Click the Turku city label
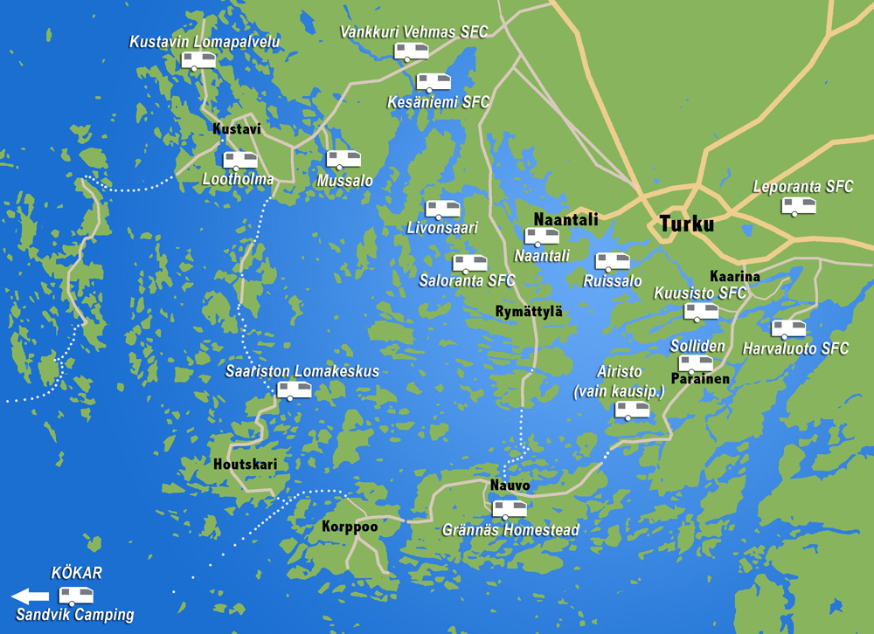click(x=686, y=223)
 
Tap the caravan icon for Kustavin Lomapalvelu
click(x=198, y=60)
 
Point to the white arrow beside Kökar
click(x=30, y=596)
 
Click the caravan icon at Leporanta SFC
click(x=799, y=206)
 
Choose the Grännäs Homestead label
click(x=510, y=530)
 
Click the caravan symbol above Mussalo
click(x=343, y=160)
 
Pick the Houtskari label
click(x=245, y=465)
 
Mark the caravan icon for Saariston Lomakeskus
click(x=294, y=390)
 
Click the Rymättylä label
click(x=528, y=312)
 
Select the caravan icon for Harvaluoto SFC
click(x=788, y=329)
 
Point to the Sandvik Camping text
click(x=75, y=615)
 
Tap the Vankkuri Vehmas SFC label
click(x=413, y=32)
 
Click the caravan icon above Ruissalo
click(x=612, y=261)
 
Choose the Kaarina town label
click(x=734, y=277)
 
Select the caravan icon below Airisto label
click(x=632, y=410)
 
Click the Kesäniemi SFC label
click(x=438, y=102)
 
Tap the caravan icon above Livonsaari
click(x=442, y=210)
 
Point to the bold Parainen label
click(x=700, y=379)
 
